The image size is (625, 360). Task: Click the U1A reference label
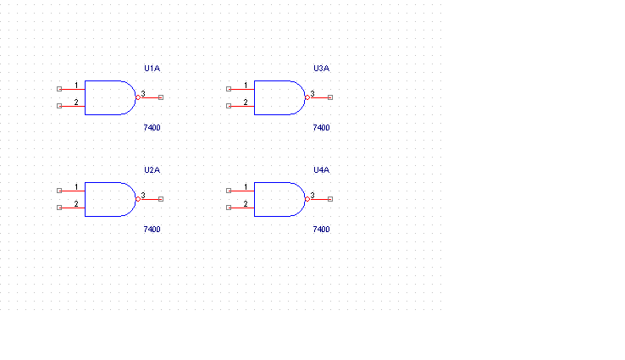click(x=152, y=68)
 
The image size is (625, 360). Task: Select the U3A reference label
click(x=321, y=68)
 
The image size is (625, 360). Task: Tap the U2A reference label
click(x=152, y=169)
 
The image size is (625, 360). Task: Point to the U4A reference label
click(x=321, y=169)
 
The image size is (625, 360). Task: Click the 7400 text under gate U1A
click(x=152, y=128)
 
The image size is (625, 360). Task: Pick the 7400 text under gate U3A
click(x=321, y=128)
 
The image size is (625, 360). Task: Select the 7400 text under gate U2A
click(x=152, y=230)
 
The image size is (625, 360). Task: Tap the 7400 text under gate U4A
click(x=321, y=230)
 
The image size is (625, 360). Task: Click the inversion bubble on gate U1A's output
click(x=138, y=97)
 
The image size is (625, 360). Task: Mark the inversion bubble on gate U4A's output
click(x=307, y=199)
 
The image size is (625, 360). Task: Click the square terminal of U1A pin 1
click(x=59, y=89)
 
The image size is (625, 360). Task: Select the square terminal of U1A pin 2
click(x=59, y=106)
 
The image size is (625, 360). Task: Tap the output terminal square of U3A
click(x=330, y=97)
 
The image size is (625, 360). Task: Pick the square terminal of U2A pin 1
click(x=59, y=191)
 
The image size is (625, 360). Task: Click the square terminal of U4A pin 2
click(x=229, y=208)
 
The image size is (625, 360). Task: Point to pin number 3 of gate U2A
click(x=143, y=196)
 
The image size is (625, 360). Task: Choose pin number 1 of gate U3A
click(x=246, y=85)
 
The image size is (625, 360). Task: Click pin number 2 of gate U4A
click(x=246, y=204)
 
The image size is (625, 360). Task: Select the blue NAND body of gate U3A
click(x=254, y=97)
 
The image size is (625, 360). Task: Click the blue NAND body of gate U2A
click(x=85, y=199)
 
